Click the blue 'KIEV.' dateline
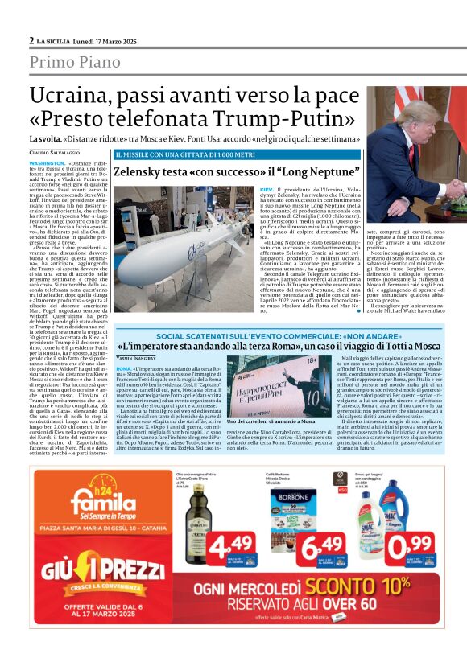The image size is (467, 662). coord(267,188)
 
